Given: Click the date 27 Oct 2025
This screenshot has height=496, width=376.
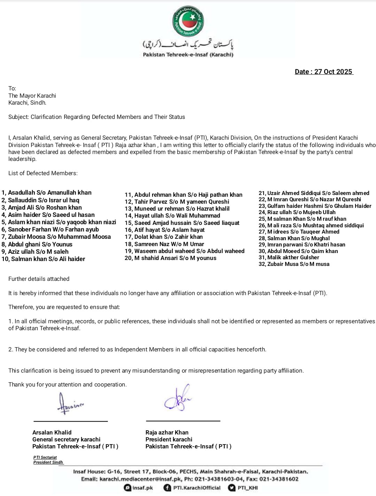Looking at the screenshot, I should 324,72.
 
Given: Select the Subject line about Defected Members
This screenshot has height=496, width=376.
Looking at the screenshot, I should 97,117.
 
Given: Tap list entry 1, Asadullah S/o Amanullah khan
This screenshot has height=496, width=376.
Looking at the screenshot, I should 46,193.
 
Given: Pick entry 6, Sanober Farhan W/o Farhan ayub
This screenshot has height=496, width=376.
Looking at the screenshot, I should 50,229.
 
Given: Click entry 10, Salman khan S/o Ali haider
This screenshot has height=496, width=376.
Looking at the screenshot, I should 43,259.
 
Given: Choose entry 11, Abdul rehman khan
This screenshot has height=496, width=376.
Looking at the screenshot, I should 183,195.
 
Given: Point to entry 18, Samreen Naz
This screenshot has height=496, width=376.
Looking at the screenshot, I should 164,244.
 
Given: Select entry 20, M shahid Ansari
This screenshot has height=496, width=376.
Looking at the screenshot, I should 171,258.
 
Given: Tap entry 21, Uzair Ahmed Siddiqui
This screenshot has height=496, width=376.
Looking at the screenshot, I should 314,193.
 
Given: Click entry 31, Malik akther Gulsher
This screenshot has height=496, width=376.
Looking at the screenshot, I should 289,257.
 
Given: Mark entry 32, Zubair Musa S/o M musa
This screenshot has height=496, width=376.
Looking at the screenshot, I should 294,264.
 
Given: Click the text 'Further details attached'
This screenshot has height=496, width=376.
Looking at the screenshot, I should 39,279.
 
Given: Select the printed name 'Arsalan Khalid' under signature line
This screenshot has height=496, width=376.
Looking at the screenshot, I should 52,432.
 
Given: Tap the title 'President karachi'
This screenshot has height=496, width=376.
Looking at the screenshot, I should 169,439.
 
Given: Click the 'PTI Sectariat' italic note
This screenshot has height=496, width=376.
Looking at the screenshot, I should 45,457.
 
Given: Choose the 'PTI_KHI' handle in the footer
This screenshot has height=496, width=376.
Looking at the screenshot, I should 248,488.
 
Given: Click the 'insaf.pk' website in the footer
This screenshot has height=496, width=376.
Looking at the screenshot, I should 142,488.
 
